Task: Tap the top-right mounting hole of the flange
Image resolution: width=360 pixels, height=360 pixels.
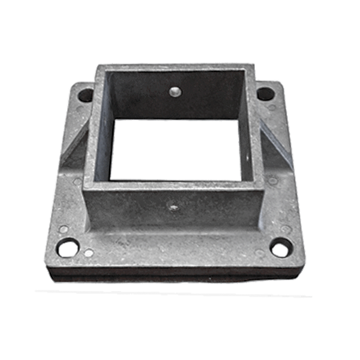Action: tap(265, 94)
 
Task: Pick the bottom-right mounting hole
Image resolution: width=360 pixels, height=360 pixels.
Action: tap(280, 247)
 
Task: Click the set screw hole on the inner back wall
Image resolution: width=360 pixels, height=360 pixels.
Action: tap(175, 91)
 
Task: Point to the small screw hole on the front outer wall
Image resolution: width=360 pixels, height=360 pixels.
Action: tap(174, 208)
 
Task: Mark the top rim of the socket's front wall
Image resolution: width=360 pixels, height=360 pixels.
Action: tap(174, 185)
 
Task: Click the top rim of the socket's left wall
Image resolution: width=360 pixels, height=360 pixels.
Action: tap(90, 126)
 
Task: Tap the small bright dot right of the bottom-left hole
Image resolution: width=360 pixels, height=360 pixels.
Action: tap(88, 253)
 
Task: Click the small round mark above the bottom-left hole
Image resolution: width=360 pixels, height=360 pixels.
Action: tap(64, 229)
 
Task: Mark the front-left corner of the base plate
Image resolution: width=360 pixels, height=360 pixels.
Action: tap(53, 264)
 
